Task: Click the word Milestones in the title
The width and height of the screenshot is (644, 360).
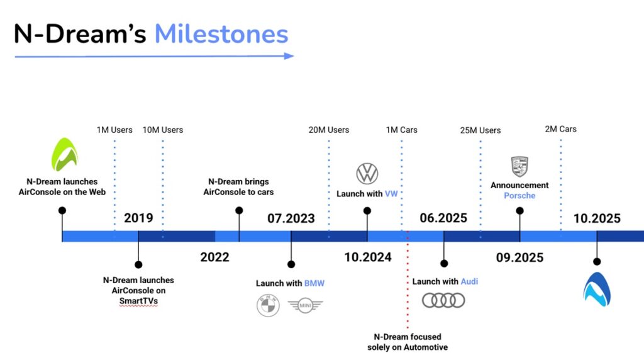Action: tap(221, 34)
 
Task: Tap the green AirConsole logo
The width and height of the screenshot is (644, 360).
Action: tap(65, 155)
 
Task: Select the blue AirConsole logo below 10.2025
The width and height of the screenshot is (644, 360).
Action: tap(597, 290)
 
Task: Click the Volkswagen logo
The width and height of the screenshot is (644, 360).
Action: tap(367, 174)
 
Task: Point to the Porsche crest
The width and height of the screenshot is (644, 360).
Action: tap(519, 166)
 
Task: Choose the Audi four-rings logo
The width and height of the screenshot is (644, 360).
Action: tap(443, 300)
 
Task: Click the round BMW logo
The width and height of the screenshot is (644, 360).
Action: tap(268, 305)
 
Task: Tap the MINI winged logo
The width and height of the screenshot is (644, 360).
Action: tap(305, 305)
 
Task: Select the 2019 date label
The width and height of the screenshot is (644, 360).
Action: tap(138, 218)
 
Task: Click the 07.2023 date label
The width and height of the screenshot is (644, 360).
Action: tap(291, 218)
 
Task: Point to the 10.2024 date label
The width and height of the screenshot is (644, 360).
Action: tap(367, 257)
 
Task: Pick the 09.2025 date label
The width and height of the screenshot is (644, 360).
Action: tap(519, 257)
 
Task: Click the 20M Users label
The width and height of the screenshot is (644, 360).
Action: tap(328, 130)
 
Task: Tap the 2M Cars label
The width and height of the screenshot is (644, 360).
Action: tap(560, 129)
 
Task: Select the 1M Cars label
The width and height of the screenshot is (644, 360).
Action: tap(401, 130)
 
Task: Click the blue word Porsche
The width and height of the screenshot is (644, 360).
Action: tap(519, 196)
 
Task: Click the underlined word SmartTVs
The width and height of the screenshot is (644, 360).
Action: tap(138, 301)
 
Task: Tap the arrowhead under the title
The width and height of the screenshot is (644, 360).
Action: tap(289, 56)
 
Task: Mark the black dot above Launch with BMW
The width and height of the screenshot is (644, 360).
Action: tap(291, 264)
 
